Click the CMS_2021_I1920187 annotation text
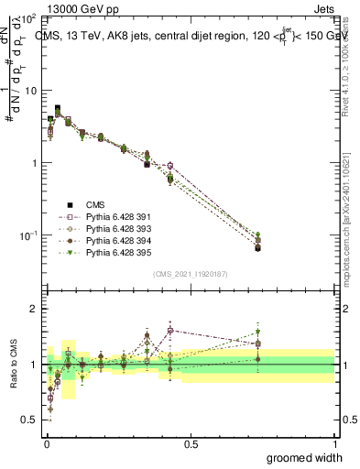[x=190, y=273]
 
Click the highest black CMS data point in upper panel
[x=58, y=108]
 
